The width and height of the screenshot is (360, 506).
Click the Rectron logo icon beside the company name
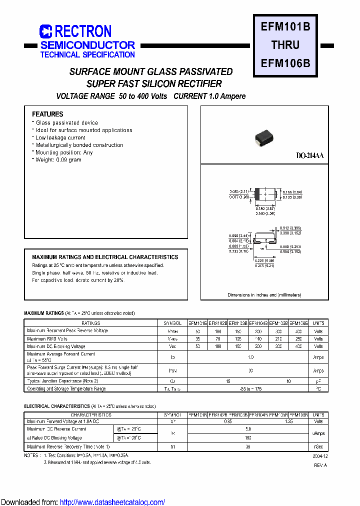(x=45, y=32)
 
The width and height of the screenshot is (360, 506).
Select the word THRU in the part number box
(x=285, y=45)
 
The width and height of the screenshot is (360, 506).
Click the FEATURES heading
(x=47, y=114)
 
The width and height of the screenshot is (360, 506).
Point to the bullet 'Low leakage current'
(x=60, y=137)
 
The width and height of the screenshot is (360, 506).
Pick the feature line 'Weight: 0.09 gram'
(x=58, y=160)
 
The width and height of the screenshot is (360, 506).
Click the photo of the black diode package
(x=265, y=137)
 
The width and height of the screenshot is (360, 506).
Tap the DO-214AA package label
(x=310, y=156)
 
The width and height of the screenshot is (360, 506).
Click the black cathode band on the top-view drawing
(x=257, y=194)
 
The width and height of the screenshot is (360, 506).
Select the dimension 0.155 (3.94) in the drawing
(x=292, y=192)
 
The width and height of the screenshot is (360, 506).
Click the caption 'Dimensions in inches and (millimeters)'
(x=264, y=295)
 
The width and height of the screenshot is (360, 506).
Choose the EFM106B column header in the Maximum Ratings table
(x=299, y=323)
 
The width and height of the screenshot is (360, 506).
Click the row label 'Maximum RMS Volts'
(x=47, y=338)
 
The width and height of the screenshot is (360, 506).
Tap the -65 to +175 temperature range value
(x=250, y=388)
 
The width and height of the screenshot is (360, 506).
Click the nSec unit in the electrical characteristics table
(x=318, y=447)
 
